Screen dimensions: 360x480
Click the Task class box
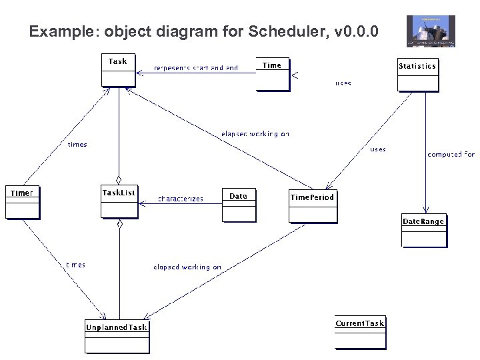pos(118,69)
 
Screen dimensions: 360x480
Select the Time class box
pos(273,75)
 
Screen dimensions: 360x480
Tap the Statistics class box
pos(418,74)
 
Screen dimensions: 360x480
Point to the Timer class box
pos(22,202)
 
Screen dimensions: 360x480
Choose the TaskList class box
pos(119,201)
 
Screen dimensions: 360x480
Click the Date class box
pos(239,204)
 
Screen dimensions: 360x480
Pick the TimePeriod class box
pos(313,206)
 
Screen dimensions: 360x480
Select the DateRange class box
pos(423,230)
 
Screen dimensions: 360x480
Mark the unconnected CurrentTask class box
pos(360,332)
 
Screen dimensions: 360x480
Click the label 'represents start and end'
pos(196,68)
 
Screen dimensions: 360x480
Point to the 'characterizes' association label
pos(181,199)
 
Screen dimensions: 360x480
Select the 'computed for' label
pos(451,154)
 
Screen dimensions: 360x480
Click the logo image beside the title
pos(431,31)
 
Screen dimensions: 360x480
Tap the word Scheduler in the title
pos(293,31)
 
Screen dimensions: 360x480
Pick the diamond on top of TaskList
pos(119,179)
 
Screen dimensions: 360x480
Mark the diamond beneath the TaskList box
pos(119,224)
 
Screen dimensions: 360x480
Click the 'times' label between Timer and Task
pos(77,144)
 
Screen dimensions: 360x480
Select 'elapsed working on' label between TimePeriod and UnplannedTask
pos(187,267)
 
